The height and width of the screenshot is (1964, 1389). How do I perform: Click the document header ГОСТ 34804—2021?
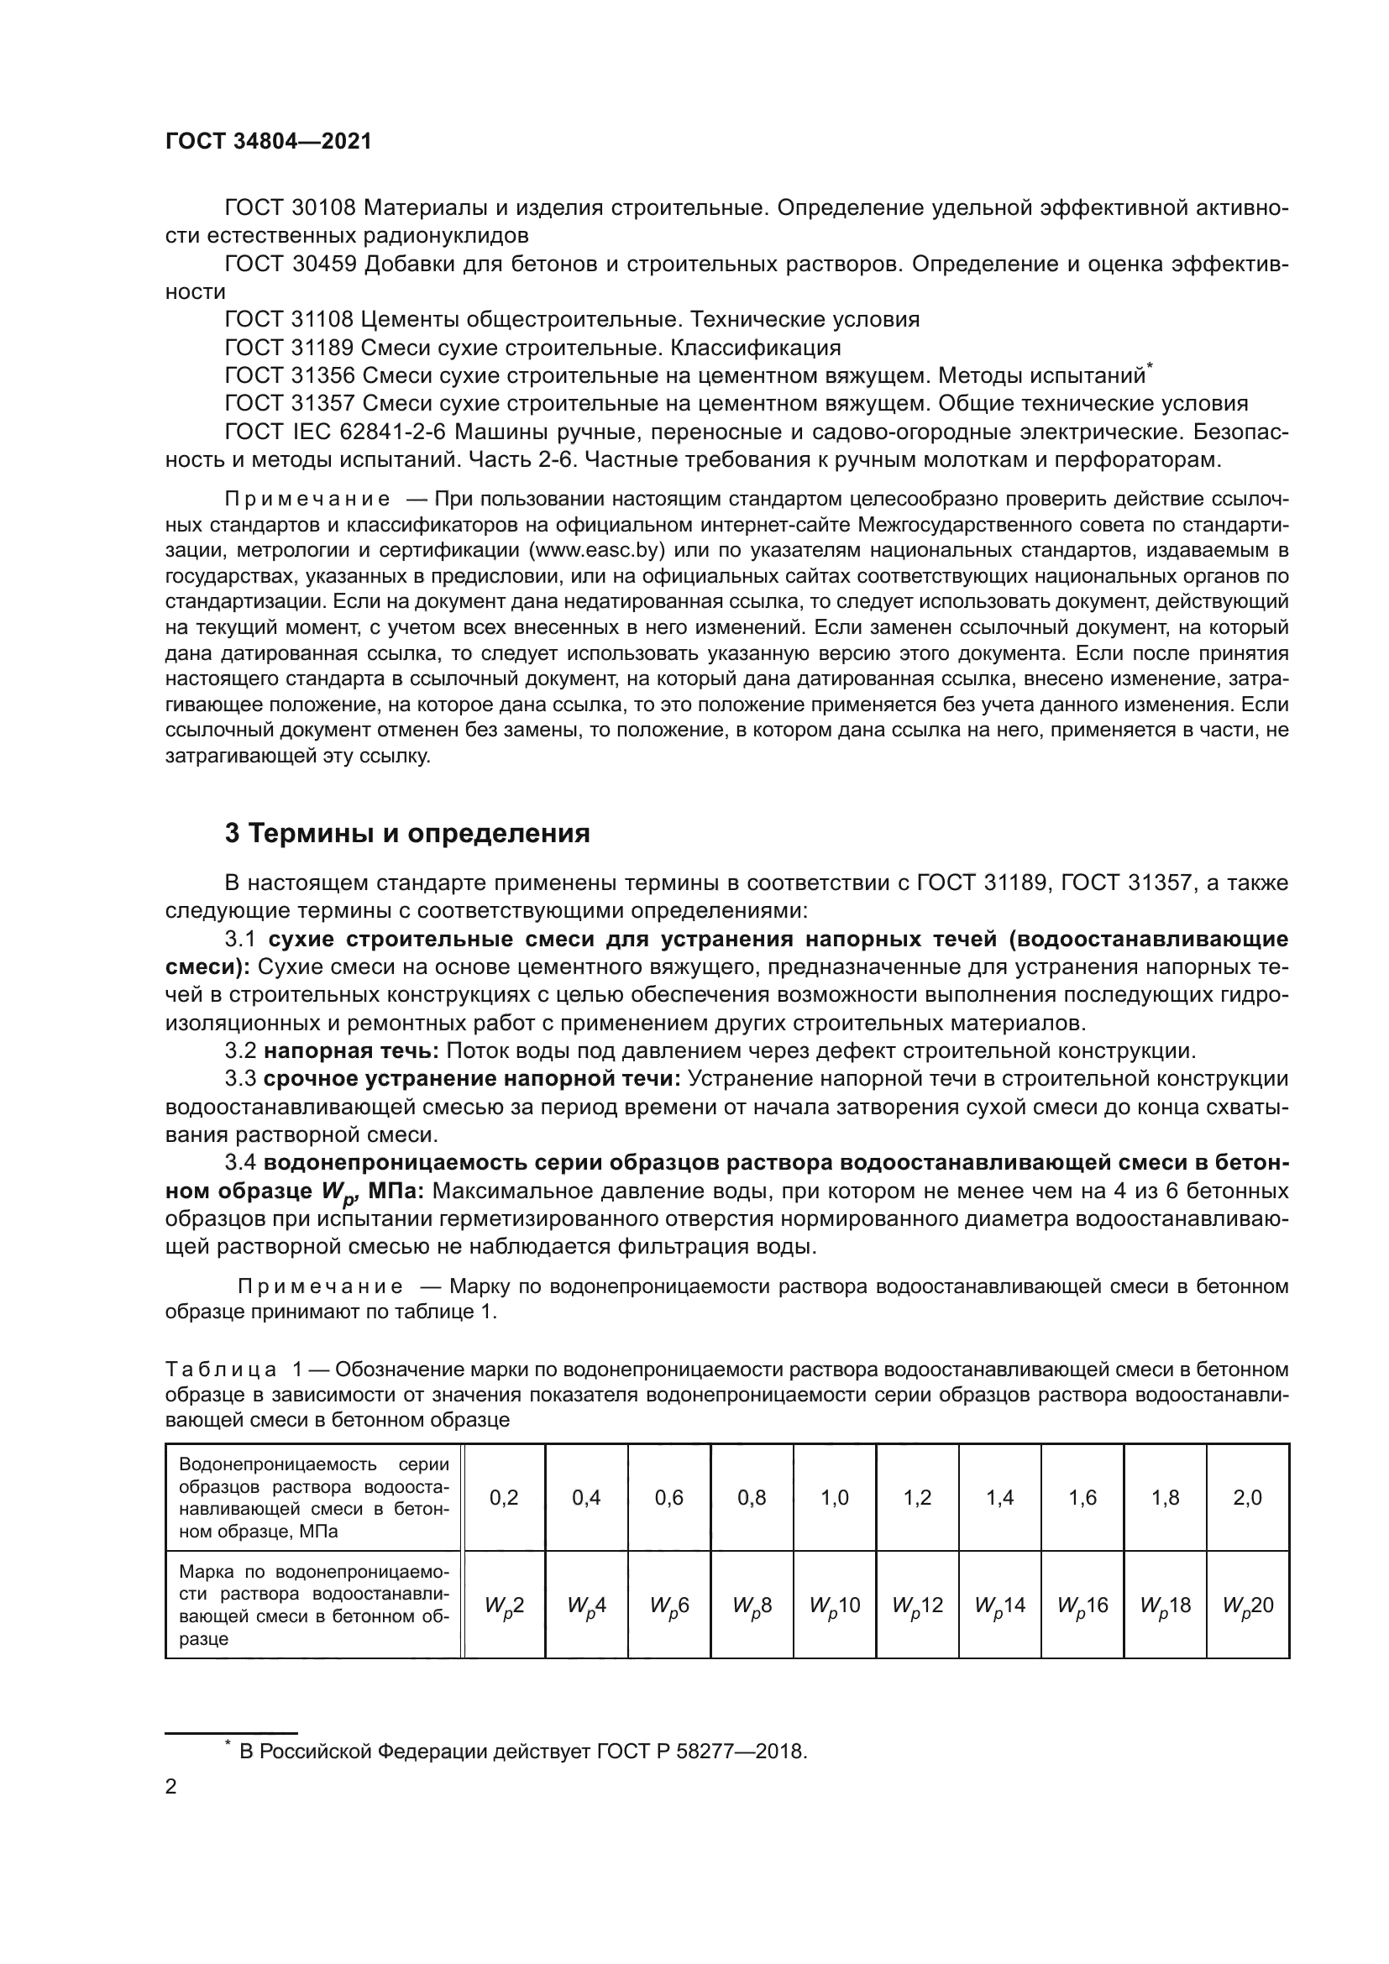(x=269, y=142)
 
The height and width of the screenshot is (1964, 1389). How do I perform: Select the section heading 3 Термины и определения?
(x=407, y=833)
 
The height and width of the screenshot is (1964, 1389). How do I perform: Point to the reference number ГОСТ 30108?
(x=289, y=208)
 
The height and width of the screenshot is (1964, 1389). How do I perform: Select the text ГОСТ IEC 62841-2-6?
(x=333, y=432)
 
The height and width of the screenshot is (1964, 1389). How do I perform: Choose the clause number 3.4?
(x=241, y=1162)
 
